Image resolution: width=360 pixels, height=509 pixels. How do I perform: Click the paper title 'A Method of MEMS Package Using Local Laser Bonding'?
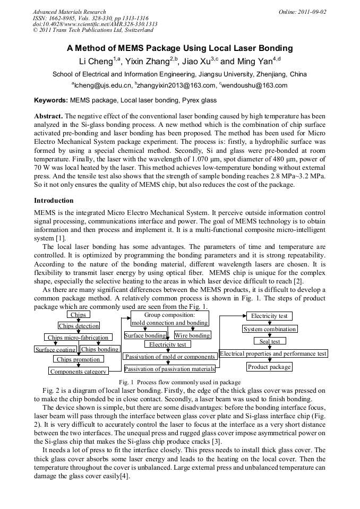tap(179, 48)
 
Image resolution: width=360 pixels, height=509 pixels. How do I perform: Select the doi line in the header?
tap(95, 24)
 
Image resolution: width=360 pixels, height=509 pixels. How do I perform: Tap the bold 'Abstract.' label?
tap(48, 116)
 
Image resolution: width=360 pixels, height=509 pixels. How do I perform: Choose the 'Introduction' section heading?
tap(54, 201)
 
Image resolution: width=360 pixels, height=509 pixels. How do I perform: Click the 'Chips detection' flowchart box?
tap(79, 326)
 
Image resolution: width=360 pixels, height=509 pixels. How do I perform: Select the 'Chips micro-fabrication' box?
tap(78, 338)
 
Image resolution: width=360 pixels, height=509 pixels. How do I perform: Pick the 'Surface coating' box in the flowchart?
tap(55, 350)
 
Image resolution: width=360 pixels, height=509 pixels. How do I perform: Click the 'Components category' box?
tap(78, 372)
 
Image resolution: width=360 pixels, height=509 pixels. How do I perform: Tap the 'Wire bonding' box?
tap(192, 335)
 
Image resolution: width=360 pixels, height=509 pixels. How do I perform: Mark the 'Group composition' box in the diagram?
tap(169, 318)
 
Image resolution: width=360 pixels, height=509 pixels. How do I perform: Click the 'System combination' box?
tap(270, 329)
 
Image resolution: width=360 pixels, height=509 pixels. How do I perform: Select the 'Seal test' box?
tap(270, 341)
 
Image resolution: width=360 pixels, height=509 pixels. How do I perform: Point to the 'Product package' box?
tap(269, 367)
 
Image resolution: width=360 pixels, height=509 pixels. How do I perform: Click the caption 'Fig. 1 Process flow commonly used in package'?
tap(179, 382)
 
